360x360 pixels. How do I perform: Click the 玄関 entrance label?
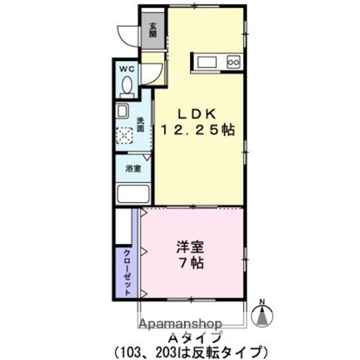pos(153,29)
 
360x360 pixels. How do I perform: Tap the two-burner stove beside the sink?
pos(233,61)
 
